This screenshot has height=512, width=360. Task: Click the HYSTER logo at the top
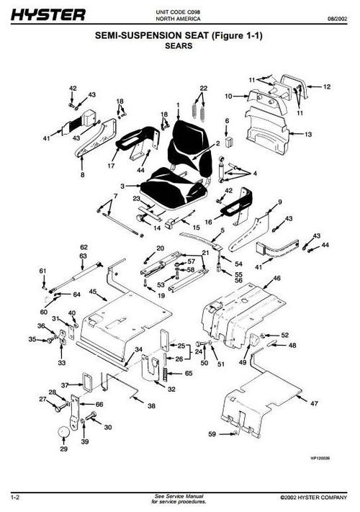47,14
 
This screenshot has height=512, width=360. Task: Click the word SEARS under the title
179,44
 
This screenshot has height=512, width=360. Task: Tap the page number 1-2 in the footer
14,498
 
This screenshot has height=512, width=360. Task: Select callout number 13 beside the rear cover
307,134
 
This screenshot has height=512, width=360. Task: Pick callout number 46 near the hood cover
276,278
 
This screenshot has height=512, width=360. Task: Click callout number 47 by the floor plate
313,405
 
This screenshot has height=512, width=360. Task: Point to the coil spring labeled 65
168,375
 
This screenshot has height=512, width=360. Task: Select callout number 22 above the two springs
203,88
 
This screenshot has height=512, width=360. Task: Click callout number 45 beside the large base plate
93,291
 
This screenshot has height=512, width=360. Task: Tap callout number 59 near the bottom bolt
212,434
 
